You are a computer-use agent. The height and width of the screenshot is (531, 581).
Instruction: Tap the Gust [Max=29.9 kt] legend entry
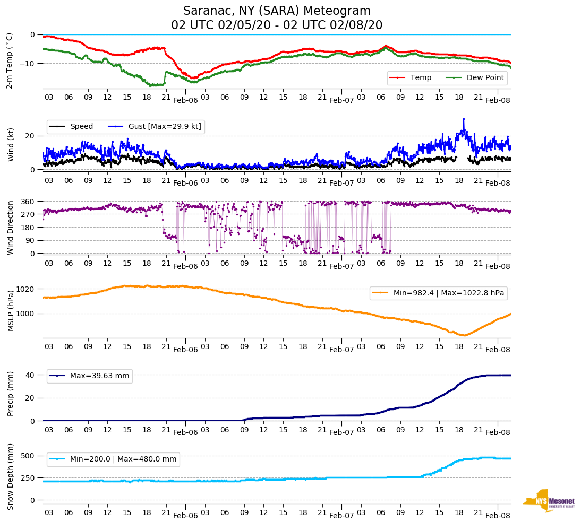coord(155,127)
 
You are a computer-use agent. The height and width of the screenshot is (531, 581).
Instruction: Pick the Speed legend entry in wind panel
coord(72,127)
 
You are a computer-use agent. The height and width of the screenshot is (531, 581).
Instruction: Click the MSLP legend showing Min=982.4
coord(439,293)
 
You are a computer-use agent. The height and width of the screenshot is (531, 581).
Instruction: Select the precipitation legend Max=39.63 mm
coord(90,376)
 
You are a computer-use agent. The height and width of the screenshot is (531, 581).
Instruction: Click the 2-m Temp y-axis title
coord(9,60)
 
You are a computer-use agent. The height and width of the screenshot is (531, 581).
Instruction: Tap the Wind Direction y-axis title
coord(10,228)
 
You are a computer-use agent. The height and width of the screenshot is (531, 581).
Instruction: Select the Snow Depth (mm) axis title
coord(10,477)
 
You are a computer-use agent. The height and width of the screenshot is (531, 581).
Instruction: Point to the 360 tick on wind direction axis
coord(28,202)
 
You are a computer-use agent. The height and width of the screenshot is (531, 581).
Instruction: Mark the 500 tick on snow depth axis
coord(28,456)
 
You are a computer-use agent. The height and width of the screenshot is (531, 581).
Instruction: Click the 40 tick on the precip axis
coord(31,375)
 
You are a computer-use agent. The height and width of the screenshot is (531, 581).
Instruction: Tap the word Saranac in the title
coord(205,11)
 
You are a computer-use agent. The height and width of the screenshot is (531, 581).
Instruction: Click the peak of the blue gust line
coord(464,119)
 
